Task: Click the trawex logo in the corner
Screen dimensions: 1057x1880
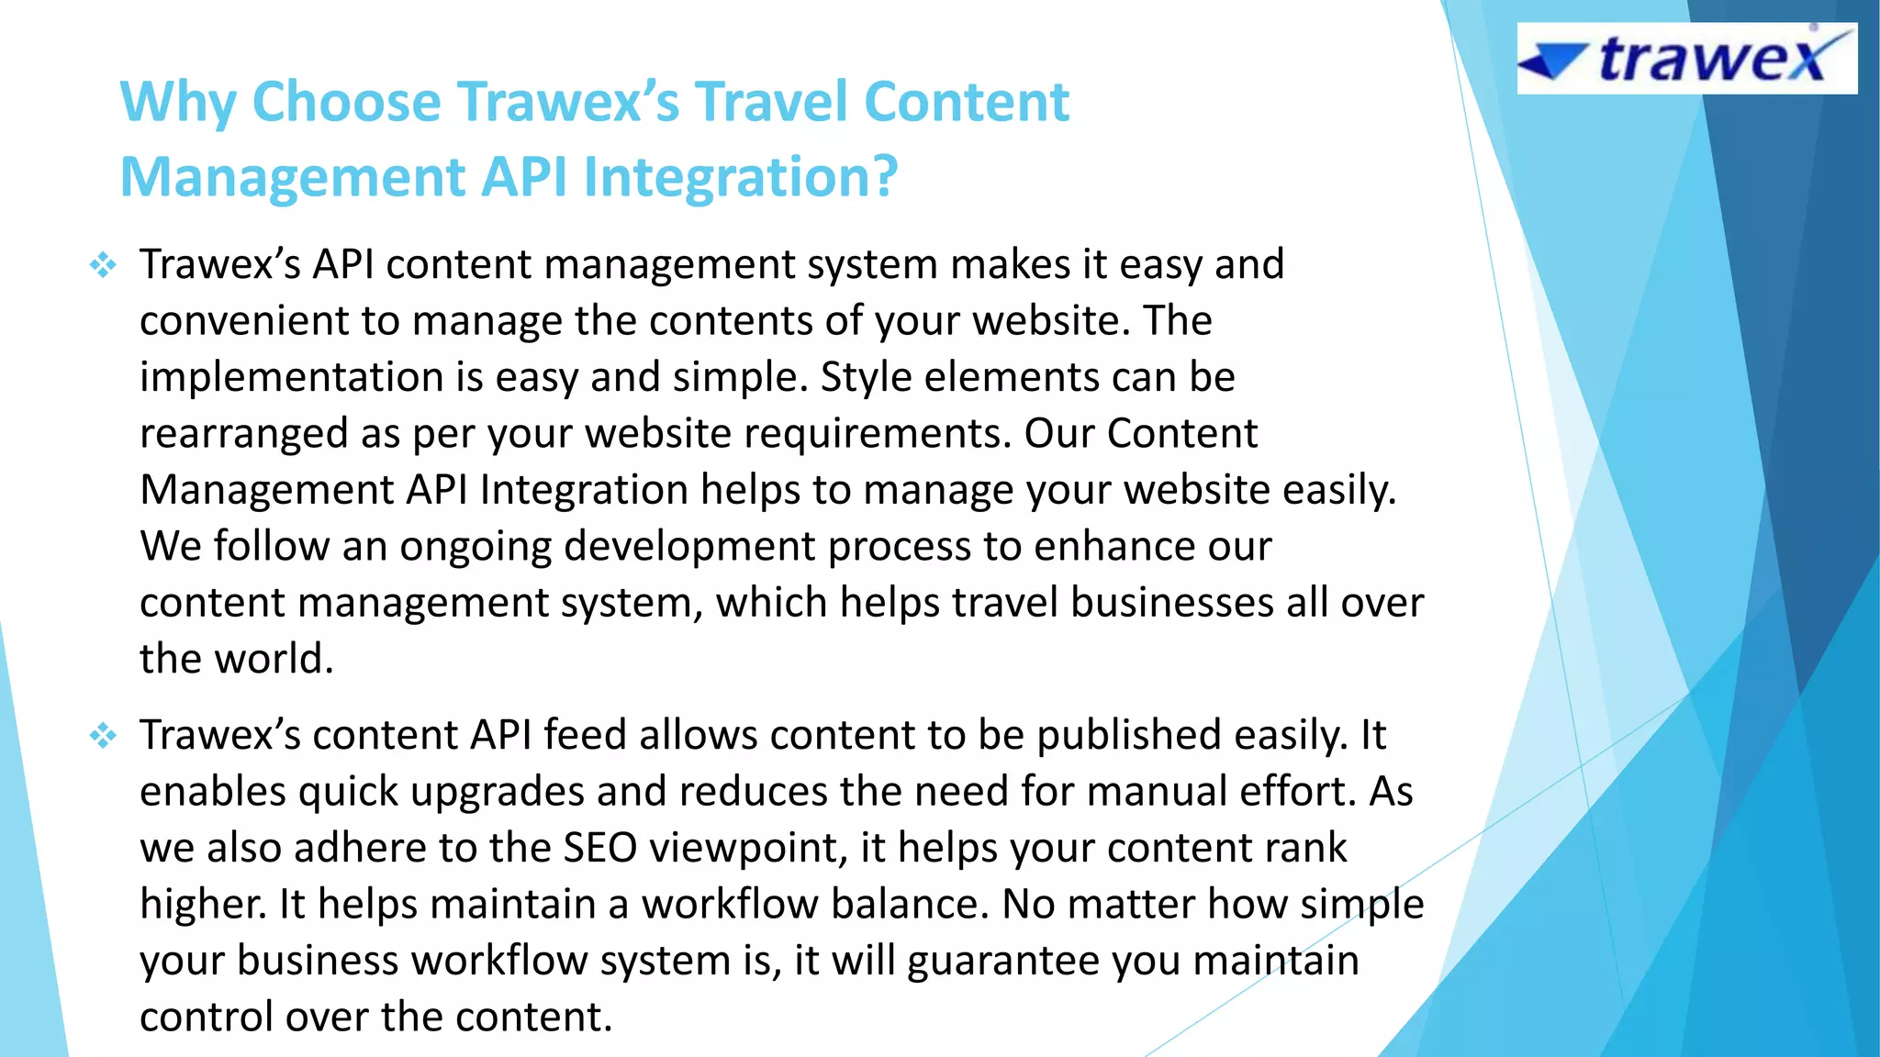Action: point(1686,59)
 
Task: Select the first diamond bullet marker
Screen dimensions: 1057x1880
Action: point(103,266)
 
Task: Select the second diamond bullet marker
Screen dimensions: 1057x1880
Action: point(103,736)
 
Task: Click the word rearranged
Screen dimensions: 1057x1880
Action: point(242,434)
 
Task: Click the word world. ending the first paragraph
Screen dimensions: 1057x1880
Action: point(274,659)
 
